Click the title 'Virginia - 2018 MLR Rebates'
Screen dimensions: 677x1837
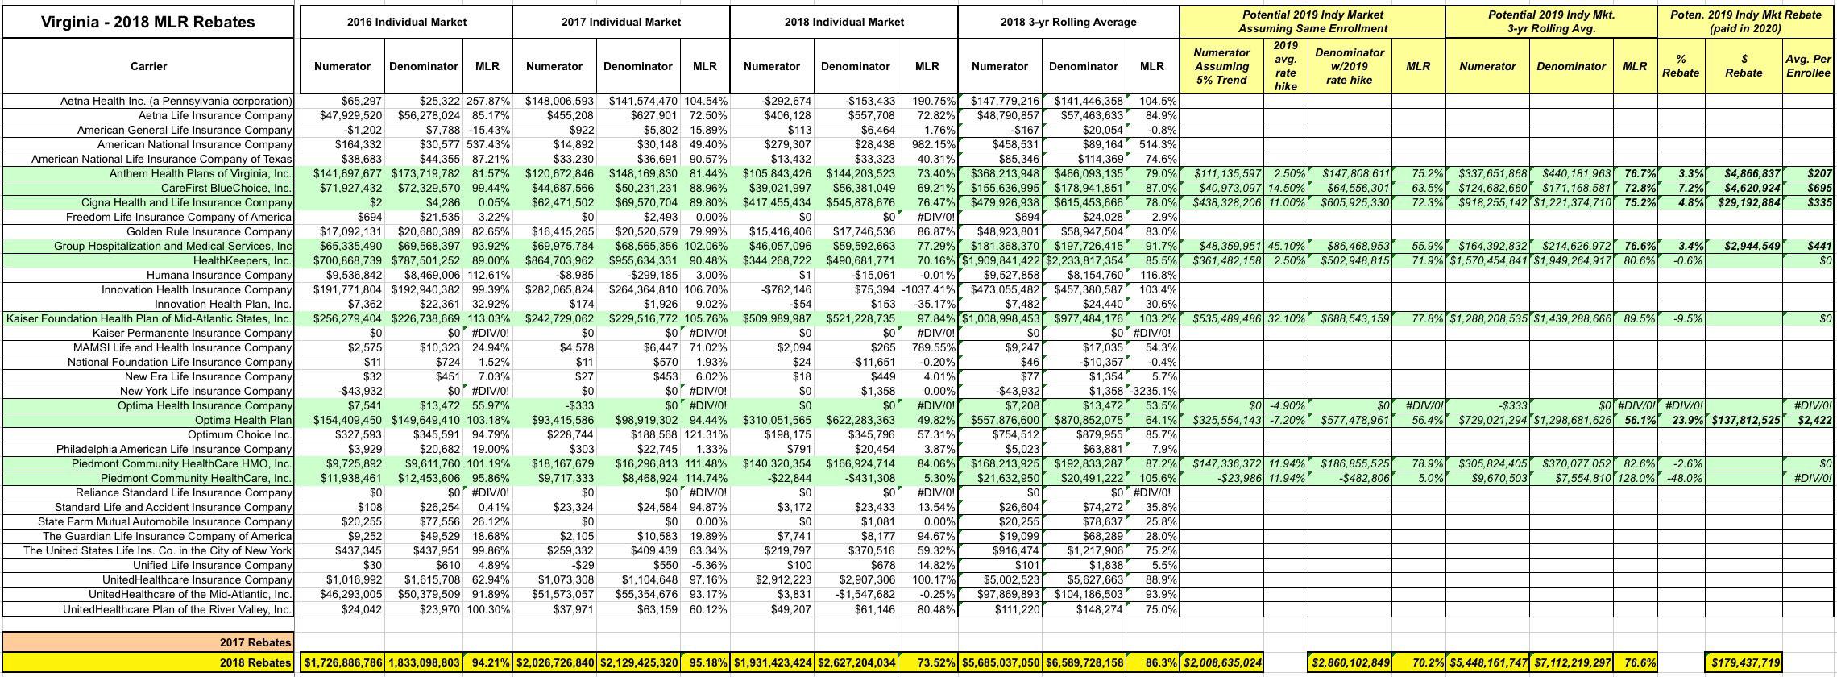click(x=147, y=22)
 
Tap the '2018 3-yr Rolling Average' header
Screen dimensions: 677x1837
click(x=1068, y=22)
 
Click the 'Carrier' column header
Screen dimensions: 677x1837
click(x=148, y=66)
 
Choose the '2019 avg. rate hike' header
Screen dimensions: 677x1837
click(x=1285, y=66)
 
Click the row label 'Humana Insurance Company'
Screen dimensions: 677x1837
click(x=219, y=275)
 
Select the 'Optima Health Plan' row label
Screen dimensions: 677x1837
click(x=243, y=420)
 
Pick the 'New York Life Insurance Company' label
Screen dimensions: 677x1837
click(x=206, y=391)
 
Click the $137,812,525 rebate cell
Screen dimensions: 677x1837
click(x=1744, y=420)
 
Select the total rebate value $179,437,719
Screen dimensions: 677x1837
click(x=1744, y=662)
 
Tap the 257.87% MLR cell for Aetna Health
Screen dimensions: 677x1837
click(x=487, y=101)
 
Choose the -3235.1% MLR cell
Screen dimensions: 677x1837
click(x=1153, y=391)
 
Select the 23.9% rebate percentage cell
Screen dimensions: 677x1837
click(x=1681, y=420)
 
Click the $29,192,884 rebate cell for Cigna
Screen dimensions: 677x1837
click(x=1744, y=202)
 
